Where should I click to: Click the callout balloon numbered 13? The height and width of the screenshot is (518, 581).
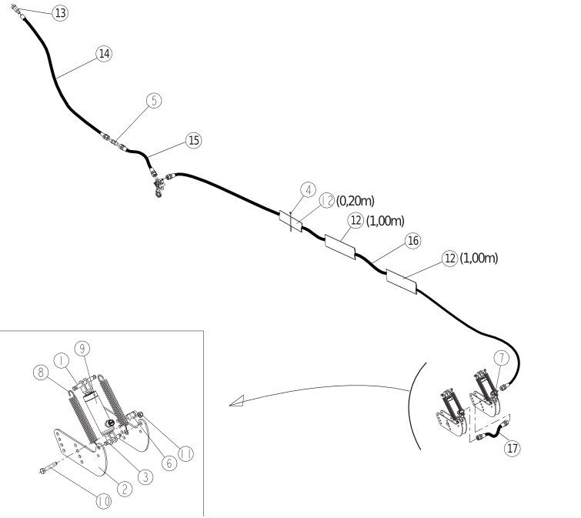pos(60,13)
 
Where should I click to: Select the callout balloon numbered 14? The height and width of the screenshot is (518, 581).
pos(104,54)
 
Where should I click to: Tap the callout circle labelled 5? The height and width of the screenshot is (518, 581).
pos(154,100)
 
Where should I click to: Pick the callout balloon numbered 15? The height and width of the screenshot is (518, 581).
pos(194,141)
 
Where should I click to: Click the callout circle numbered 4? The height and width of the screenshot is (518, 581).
pos(309,190)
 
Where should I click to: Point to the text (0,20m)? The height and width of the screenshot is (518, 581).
pos(356,201)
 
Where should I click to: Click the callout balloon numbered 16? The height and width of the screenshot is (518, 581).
pos(412,241)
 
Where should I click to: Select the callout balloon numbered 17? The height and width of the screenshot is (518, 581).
pos(513,448)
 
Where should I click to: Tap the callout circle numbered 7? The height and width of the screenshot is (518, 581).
pos(502,358)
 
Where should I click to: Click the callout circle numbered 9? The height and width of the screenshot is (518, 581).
pos(82,349)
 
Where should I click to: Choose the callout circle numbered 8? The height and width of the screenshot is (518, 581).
pos(41,372)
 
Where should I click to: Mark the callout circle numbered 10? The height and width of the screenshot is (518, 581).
pos(104,502)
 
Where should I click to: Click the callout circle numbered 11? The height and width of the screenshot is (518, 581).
pos(185,454)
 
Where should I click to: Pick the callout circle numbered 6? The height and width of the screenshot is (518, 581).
pos(169,463)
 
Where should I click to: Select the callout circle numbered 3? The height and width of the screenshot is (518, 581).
pos(145,477)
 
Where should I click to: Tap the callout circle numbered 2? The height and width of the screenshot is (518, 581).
pos(125,489)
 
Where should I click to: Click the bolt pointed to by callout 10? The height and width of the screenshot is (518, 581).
pos(48,468)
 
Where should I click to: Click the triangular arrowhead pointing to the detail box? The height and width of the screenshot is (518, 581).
pos(238,401)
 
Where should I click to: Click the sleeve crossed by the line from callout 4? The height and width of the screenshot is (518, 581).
pos(291,221)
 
